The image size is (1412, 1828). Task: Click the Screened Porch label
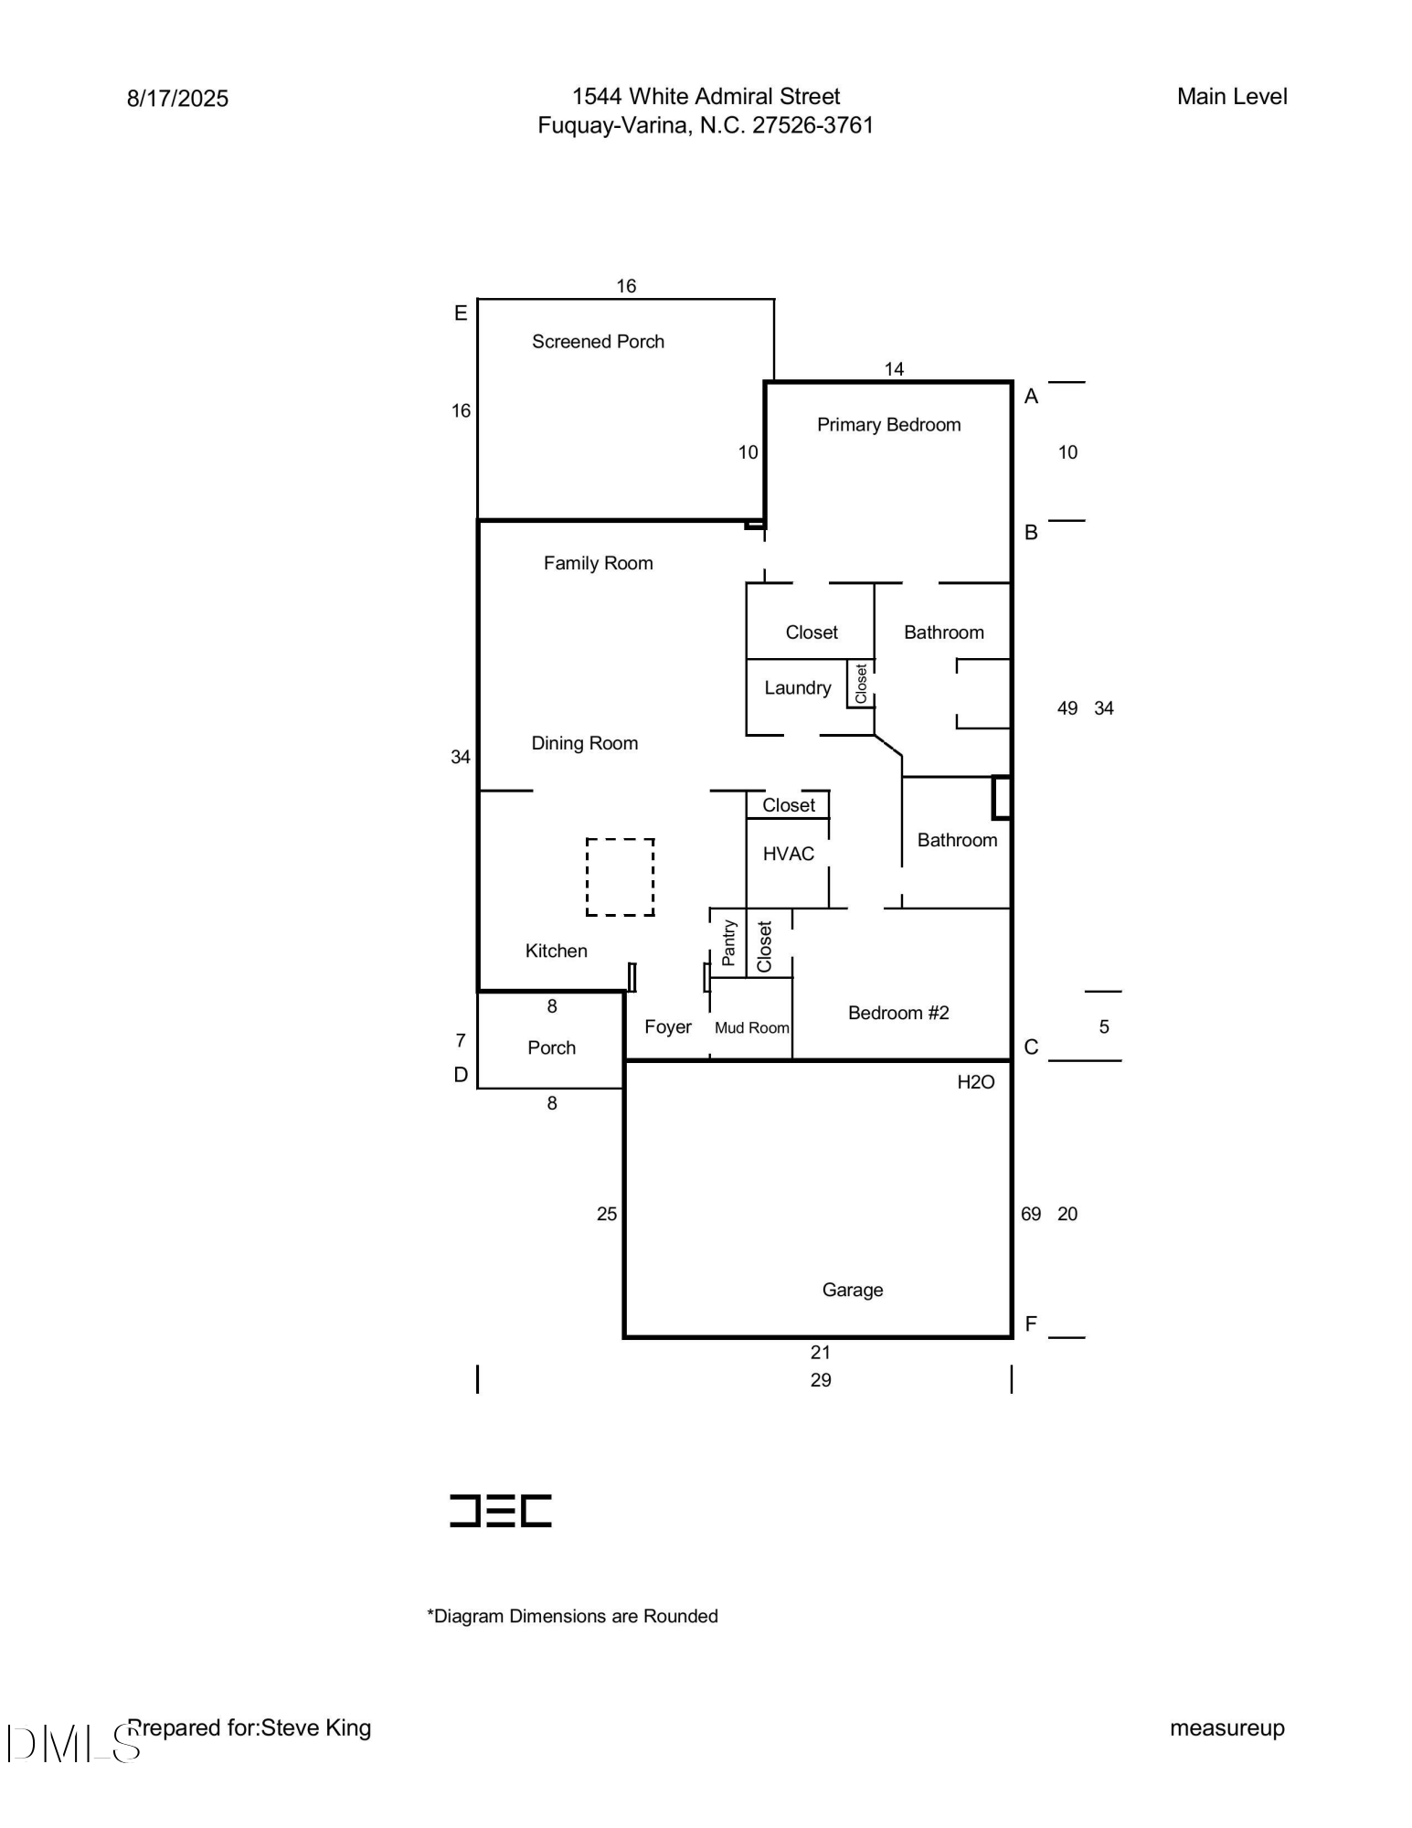click(598, 342)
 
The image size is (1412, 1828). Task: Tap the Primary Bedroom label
click(888, 425)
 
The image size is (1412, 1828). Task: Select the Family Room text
click(598, 563)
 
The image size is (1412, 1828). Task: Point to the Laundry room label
click(798, 688)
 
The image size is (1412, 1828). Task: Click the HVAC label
click(788, 854)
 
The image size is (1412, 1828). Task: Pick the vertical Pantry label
click(728, 942)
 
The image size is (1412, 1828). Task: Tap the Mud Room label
click(751, 1028)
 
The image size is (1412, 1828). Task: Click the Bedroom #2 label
click(898, 1013)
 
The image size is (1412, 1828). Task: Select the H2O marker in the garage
click(975, 1082)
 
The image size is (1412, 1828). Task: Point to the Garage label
click(853, 1290)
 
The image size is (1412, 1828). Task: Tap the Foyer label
click(667, 1027)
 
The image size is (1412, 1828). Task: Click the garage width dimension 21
click(821, 1352)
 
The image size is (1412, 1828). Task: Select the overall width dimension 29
click(821, 1380)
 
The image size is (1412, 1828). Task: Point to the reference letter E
click(461, 314)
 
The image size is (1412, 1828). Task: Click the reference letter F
click(1031, 1324)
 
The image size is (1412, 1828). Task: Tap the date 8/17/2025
click(177, 99)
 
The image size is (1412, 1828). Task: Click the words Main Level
click(1232, 97)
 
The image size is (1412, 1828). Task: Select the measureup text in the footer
click(1227, 1728)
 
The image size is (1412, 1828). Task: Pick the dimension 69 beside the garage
click(1031, 1214)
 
